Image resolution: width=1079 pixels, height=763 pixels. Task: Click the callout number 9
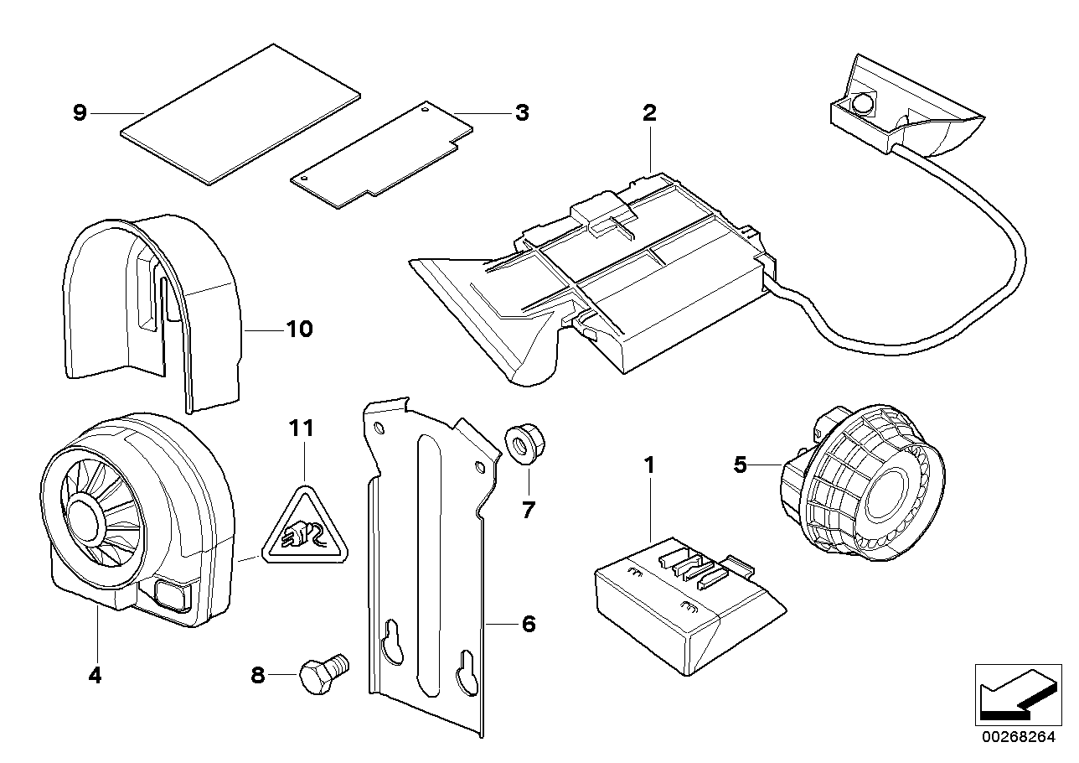click(x=80, y=112)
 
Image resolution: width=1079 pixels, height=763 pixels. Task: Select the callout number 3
click(x=521, y=112)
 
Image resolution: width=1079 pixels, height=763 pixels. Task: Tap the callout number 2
click(x=649, y=113)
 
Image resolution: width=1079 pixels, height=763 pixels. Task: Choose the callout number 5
click(x=740, y=464)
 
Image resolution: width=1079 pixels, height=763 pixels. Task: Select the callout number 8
click(x=258, y=673)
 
